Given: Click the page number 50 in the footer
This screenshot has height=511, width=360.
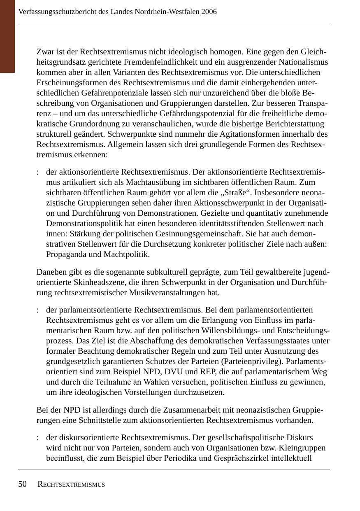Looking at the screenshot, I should coord(22,484).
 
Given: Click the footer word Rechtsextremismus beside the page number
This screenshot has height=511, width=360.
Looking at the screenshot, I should coord(71,485).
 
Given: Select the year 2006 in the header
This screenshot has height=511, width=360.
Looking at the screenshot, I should coord(209,12).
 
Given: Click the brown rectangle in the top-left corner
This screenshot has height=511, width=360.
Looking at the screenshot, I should coord(7,36).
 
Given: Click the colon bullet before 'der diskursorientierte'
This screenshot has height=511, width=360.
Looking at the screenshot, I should coord(37,437).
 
